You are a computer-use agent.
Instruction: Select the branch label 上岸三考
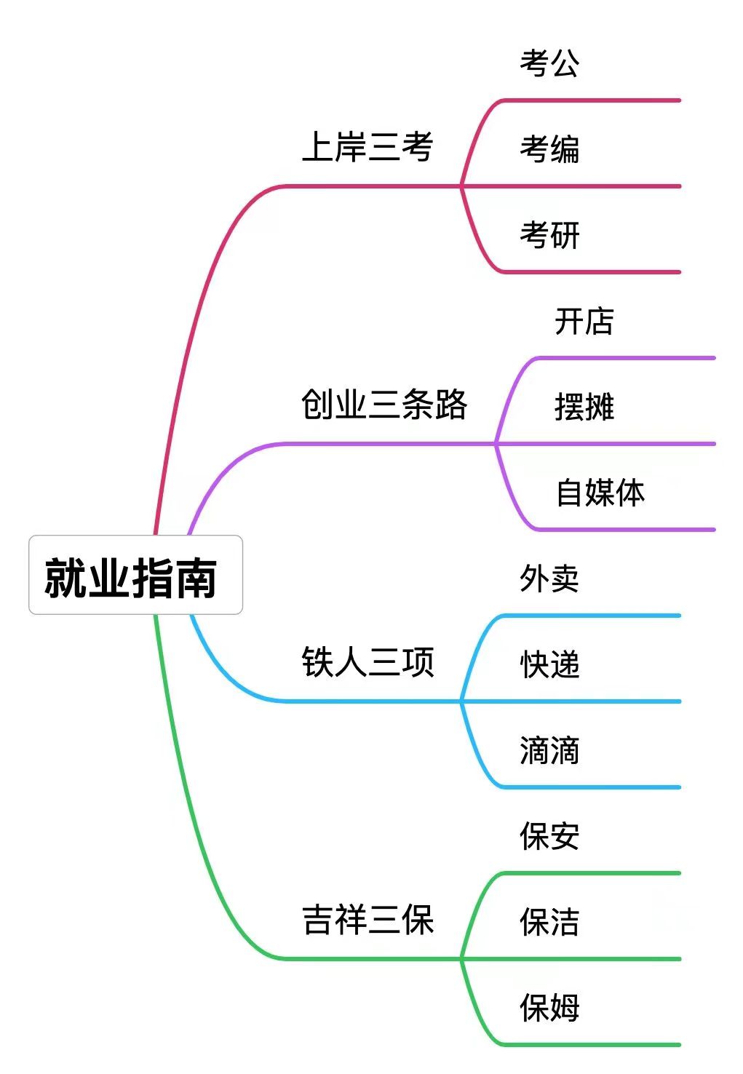tap(367, 146)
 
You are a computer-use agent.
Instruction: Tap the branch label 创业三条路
tap(384, 405)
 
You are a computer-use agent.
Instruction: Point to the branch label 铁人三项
tap(367, 661)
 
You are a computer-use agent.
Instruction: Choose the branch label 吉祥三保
tap(367, 919)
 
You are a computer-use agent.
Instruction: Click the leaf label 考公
tap(549, 63)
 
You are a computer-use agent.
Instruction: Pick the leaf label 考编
tap(549, 149)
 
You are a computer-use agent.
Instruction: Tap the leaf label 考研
tap(549, 235)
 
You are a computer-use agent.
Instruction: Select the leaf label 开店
tap(584, 321)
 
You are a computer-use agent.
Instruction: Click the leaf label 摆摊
tap(584, 407)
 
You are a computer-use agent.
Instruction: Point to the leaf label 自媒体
tap(600, 493)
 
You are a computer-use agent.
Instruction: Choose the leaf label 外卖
tap(549, 578)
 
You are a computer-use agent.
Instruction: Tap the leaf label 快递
tap(549, 664)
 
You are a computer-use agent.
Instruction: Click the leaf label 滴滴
tap(549, 750)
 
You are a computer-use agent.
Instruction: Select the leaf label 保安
tap(549, 836)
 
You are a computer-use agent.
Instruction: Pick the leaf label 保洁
tap(549, 922)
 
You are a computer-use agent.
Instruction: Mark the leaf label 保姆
tap(549, 1008)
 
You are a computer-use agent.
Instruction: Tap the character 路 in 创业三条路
tap(451, 405)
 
